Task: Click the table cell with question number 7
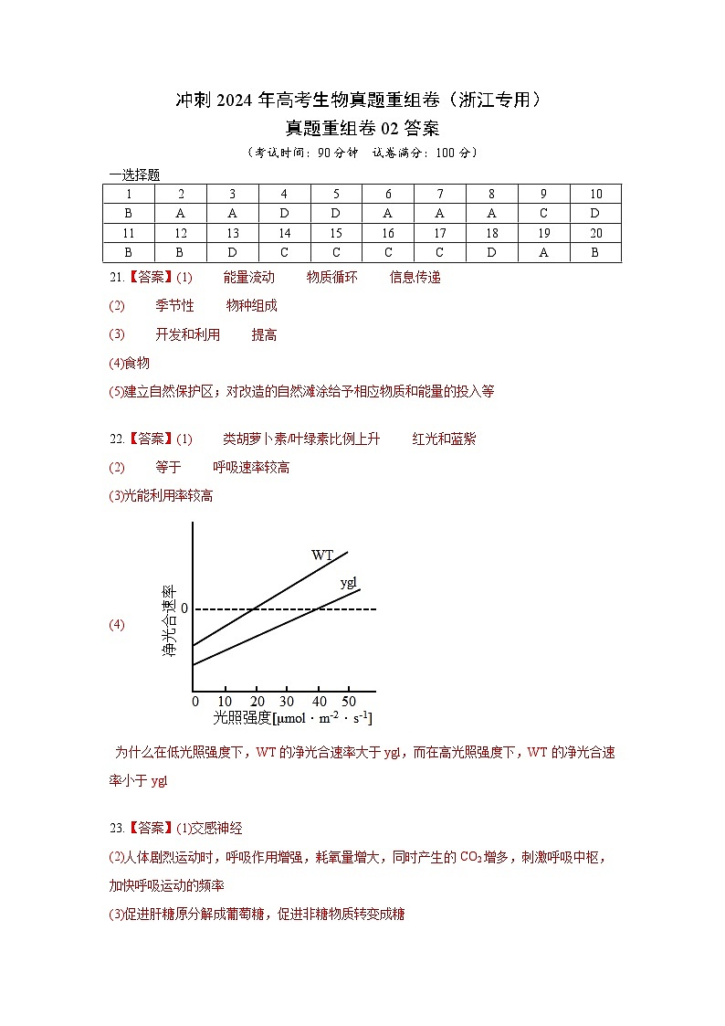[440, 194]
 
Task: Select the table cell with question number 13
[233, 233]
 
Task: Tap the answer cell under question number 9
[543, 213]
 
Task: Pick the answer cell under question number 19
[543, 253]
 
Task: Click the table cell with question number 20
[595, 233]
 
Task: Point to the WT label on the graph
[322, 555]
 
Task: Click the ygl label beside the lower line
[348, 582]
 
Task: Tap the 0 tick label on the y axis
[184, 608]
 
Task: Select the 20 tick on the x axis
[257, 701]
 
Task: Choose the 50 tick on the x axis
[349, 701]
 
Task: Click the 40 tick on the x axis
[318, 701]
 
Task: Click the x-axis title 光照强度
[242, 718]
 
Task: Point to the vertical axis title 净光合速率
[168, 622]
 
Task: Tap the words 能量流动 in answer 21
[248, 278]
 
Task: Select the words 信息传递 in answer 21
[415, 278]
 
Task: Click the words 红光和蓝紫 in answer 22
[444, 439]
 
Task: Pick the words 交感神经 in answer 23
[216, 829]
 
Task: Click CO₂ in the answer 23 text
[470, 857]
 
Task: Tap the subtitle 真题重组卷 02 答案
[362, 129]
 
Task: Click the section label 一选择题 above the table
[134, 175]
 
